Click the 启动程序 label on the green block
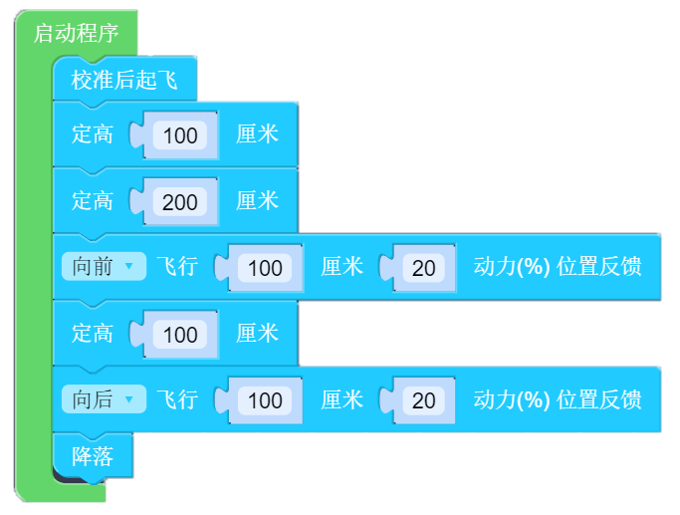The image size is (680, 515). [76, 34]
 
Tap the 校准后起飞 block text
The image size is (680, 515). [124, 81]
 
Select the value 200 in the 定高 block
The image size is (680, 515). [180, 202]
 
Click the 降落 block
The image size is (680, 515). [93, 456]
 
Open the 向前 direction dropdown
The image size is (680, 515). [104, 266]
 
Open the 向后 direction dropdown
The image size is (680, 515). [104, 399]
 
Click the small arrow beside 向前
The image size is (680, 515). [128, 266]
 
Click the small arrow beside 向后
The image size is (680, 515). [128, 398]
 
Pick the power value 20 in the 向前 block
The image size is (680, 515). [424, 268]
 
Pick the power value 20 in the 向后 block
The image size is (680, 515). [424, 400]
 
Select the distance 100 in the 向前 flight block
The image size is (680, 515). [265, 268]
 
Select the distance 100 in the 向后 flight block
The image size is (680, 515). [265, 400]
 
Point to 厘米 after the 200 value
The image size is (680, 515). [257, 201]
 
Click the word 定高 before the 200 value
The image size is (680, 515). [93, 201]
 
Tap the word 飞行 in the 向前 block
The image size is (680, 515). [177, 266]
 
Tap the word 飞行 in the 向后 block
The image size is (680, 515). [177, 399]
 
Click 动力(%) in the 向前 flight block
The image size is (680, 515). [512, 266]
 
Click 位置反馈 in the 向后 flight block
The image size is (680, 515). [599, 399]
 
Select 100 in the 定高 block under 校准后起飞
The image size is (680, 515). [180, 135]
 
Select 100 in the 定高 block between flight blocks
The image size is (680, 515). [180, 335]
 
